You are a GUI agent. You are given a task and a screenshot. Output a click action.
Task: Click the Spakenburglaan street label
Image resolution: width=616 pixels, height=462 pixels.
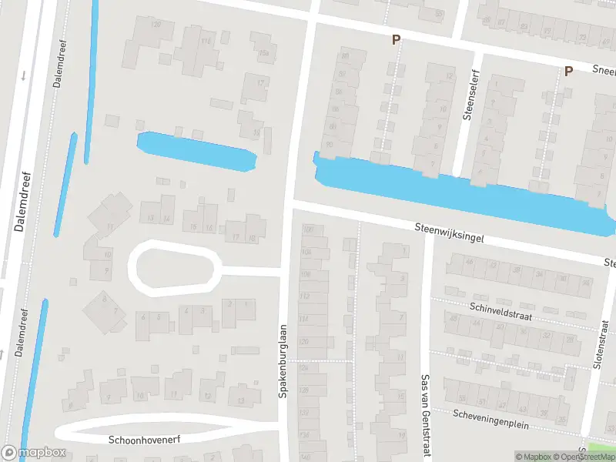coord(283,360)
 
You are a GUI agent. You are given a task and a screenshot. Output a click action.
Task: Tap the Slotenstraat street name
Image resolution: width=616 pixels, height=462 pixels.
coord(602,347)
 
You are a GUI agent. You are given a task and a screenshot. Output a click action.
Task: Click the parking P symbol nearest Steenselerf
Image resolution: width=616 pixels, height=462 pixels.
coord(396,40)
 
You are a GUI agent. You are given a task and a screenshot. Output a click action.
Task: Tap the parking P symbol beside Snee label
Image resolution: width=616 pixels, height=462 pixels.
coord(568,72)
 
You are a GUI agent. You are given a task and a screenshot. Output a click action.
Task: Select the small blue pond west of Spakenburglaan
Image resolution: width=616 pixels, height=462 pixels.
coord(196,151)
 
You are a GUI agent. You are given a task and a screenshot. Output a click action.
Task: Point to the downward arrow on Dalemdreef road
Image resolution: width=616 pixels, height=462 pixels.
coord(24,75)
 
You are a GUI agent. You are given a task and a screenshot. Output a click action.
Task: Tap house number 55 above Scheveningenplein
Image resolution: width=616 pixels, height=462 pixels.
coord(462,398)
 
